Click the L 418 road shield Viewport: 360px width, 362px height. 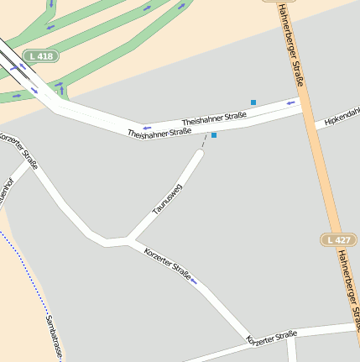41,55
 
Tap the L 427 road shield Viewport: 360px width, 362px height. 338,240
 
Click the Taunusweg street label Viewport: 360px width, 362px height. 166,199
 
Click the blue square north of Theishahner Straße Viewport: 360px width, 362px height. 253,102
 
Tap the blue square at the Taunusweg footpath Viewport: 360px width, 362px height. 214,135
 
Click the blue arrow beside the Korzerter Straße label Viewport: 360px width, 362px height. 195,281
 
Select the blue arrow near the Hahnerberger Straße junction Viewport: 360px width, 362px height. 290,103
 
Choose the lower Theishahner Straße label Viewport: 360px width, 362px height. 159,133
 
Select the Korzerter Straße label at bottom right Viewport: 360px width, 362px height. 271,337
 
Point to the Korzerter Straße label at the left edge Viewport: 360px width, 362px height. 18,150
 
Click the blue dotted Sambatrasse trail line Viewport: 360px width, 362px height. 25,268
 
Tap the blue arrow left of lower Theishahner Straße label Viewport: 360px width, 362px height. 146,129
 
